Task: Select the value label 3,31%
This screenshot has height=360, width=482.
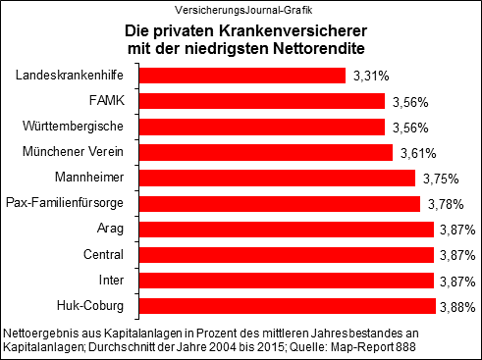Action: (371, 76)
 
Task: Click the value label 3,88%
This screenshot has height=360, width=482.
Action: (456, 307)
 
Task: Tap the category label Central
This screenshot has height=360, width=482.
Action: (112, 255)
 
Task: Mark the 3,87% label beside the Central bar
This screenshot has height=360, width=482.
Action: (456, 255)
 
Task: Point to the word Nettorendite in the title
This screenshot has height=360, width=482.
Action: (309, 48)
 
